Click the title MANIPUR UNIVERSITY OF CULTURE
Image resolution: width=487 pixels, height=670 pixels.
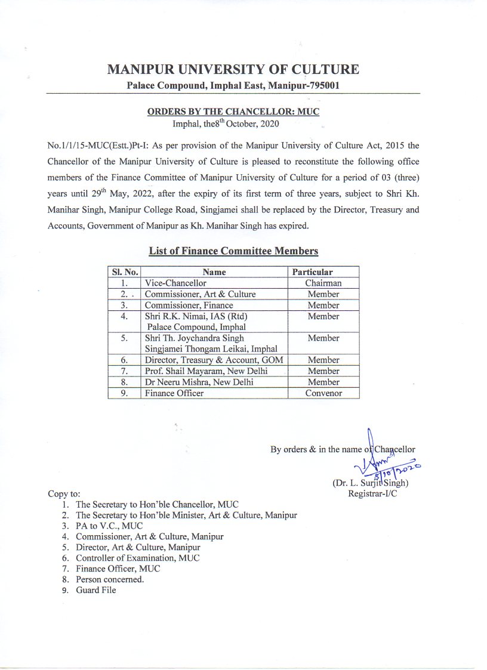(233, 70)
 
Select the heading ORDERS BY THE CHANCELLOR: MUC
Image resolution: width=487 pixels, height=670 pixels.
(233, 112)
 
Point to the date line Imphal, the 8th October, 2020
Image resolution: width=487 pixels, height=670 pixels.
(225, 124)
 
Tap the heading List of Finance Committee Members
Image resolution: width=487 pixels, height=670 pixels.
(233, 251)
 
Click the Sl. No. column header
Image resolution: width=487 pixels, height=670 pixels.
(124, 272)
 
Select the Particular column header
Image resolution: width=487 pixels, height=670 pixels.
(312, 272)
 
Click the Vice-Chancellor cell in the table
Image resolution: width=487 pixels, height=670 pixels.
(175, 283)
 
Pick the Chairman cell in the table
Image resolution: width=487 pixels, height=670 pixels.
(323, 283)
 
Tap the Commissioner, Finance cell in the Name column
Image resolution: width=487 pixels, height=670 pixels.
(189, 305)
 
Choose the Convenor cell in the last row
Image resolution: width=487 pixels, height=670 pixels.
(323, 393)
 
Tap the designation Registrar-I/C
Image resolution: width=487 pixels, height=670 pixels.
(373, 493)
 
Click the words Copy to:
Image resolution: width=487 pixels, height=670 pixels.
(63, 494)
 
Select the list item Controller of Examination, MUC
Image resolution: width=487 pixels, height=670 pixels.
(137, 558)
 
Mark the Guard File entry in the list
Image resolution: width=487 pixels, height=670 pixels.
(95, 590)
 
